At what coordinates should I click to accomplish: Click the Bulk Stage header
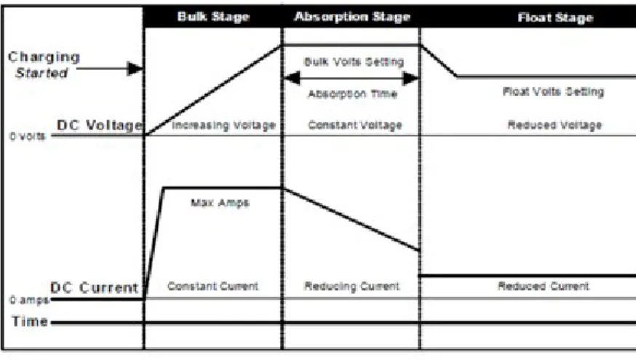pos(213,17)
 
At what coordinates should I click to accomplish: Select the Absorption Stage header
pos(352,17)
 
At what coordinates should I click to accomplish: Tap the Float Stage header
pos(555,18)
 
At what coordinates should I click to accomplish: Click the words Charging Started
pos(44,65)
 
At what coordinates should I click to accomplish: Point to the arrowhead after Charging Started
pos(135,68)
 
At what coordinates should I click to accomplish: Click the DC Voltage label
pos(100,125)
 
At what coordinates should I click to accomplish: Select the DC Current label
pos(94,288)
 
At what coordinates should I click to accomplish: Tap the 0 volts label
pos(27,136)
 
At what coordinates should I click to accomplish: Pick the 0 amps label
pos(29,300)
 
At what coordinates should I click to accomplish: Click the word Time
pos(30,321)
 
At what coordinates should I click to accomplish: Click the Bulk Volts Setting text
pos(354,62)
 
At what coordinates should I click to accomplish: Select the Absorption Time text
pos(352,94)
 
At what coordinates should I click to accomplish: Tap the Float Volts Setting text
pos(553,92)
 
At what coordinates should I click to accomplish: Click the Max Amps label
pos(220,203)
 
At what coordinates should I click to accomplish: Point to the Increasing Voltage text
pos(223,125)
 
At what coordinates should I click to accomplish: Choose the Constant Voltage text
pos(355,125)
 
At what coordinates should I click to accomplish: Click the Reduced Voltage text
pos(555,125)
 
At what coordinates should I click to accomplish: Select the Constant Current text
pos(212,287)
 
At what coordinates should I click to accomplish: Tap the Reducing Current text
pos(352,287)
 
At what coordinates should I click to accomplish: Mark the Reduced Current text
pos(544,287)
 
